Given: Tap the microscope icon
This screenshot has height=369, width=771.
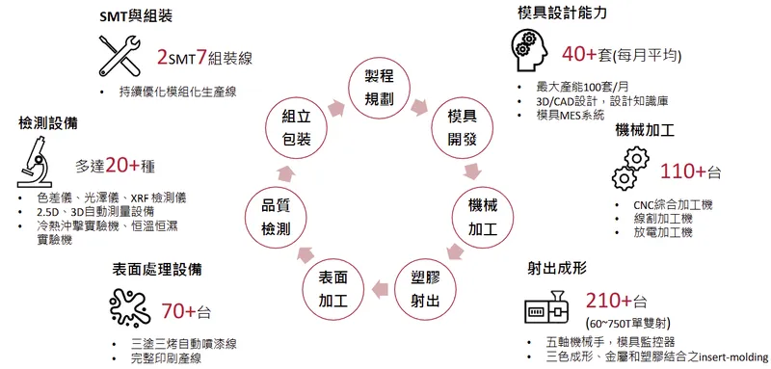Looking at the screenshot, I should pyautogui.click(x=39, y=165).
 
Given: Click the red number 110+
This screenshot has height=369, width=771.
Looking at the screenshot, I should pyautogui.click(x=683, y=171).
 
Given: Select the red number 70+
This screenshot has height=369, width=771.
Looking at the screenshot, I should pyautogui.click(x=179, y=310).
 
